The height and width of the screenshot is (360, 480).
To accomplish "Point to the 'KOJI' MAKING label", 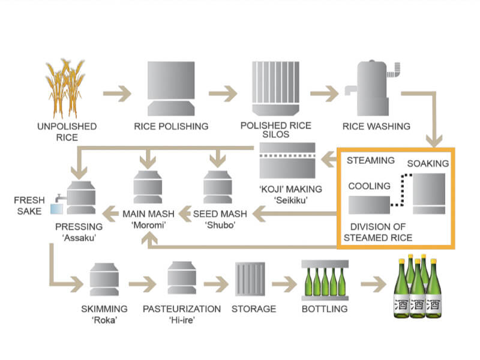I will pyautogui.click(x=290, y=188).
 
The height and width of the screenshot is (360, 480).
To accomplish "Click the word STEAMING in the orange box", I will pyautogui.click(x=371, y=160).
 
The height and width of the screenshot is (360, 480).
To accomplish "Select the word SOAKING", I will pyautogui.click(x=428, y=163).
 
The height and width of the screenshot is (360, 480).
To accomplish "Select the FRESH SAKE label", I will pyautogui.click(x=29, y=205).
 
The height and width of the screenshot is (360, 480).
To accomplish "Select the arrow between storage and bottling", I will pyautogui.click(x=282, y=281).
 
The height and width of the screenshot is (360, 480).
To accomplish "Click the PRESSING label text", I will pyautogui.click(x=79, y=227).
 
